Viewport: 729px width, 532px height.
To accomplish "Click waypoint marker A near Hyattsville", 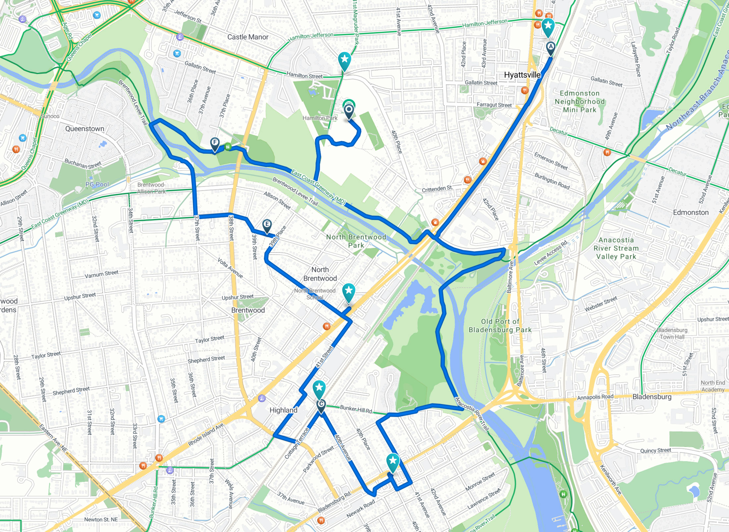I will pyautogui.click(x=550, y=47).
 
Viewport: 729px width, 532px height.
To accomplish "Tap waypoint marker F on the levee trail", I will pyautogui.click(x=215, y=143).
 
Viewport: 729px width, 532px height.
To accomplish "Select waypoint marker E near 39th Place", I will pyautogui.click(x=267, y=225).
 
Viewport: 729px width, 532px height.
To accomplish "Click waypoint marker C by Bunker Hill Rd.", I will pyautogui.click(x=321, y=405).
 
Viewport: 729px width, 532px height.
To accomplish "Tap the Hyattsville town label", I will pyautogui.click(x=522, y=75).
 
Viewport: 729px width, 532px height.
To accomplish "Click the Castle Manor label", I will pyautogui.click(x=248, y=37).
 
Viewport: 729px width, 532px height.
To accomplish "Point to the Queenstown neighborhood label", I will pyautogui.click(x=84, y=128).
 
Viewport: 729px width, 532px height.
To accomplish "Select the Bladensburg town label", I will pyautogui.click(x=651, y=397).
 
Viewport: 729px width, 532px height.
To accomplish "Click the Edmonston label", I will pyautogui.click(x=691, y=212).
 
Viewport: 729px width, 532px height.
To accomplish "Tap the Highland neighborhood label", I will pyautogui.click(x=283, y=410).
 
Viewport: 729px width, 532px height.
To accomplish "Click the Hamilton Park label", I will pyautogui.click(x=320, y=118).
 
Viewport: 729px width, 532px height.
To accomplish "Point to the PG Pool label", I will pyautogui.click(x=97, y=184).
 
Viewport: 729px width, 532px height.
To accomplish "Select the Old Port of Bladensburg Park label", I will pyautogui.click(x=500, y=325).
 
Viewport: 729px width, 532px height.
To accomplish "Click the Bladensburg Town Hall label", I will pyautogui.click(x=672, y=333).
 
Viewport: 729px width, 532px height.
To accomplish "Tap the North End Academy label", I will pyautogui.click(x=712, y=386).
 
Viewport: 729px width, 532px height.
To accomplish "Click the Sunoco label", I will pyautogui.click(x=50, y=116).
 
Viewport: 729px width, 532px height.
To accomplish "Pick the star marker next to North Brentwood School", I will pyautogui.click(x=348, y=291).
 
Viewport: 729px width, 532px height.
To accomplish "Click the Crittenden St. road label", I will pyautogui.click(x=437, y=189).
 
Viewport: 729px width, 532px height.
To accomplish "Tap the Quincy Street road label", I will pyautogui.click(x=655, y=451).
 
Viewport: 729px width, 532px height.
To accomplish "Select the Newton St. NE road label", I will pyautogui.click(x=101, y=519).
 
